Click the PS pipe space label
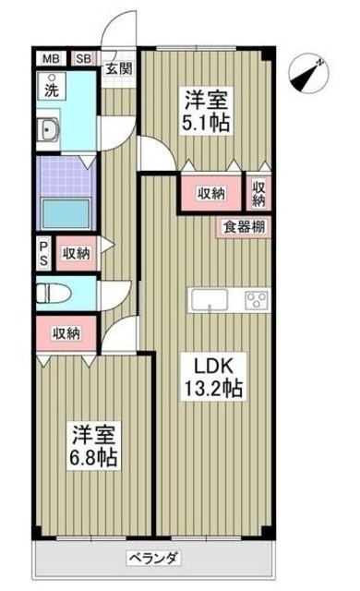(x=44, y=251)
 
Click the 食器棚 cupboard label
(x=244, y=224)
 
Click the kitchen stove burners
(x=256, y=299)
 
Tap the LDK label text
(x=210, y=363)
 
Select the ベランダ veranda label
(x=153, y=558)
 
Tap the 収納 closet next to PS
(x=76, y=252)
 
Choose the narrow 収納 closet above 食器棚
(x=259, y=194)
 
